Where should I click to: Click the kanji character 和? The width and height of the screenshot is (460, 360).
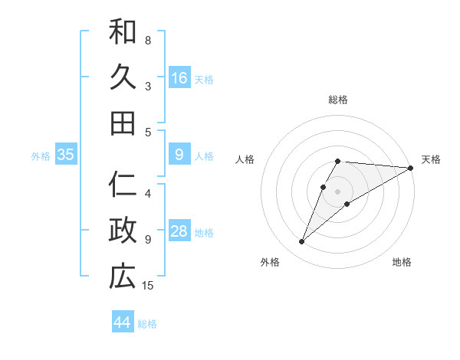pyautogui.click(x=123, y=31)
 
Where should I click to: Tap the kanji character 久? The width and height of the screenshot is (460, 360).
pyautogui.click(x=123, y=77)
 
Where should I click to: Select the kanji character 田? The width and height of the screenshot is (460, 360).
pyautogui.click(x=123, y=123)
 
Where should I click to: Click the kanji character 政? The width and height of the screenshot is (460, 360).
pyautogui.click(x=123, y=231)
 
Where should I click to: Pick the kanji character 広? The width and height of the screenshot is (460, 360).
pyautogui.click(x=123, y=277)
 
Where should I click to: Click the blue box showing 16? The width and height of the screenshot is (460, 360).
pyautogui.click(x=179, y=78)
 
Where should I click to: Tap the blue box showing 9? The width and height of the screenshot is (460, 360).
pyautogui.click(x=179, y=155)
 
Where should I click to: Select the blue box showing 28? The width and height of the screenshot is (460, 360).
pyautogui.click(x=179, y=231)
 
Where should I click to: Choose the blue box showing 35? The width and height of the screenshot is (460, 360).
pyautogui.click(x=65, y=155)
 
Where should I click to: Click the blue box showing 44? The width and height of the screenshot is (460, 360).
pyautogui.click(x=122, y=322)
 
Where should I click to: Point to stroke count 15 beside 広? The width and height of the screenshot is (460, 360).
pyautogui.click(x=148, y=286)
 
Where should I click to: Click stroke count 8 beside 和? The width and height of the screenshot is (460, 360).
pyautogui.click(x=148, y=40)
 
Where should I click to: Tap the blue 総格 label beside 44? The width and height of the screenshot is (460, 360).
pyautogui.click(x=147, y=324)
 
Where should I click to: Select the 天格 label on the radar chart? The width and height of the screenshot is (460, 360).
pyautogui.click(x=431, y=159)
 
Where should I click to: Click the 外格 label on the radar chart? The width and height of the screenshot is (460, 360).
pyautogui.click(x=270, y=262)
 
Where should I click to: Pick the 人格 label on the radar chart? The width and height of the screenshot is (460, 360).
pyautogui.click(x=245, y=159)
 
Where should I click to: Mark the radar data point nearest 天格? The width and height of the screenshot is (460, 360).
pyautogui.click(x=411, y=168)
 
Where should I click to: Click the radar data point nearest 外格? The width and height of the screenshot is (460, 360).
pyautogui.click(x=301, y=242)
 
